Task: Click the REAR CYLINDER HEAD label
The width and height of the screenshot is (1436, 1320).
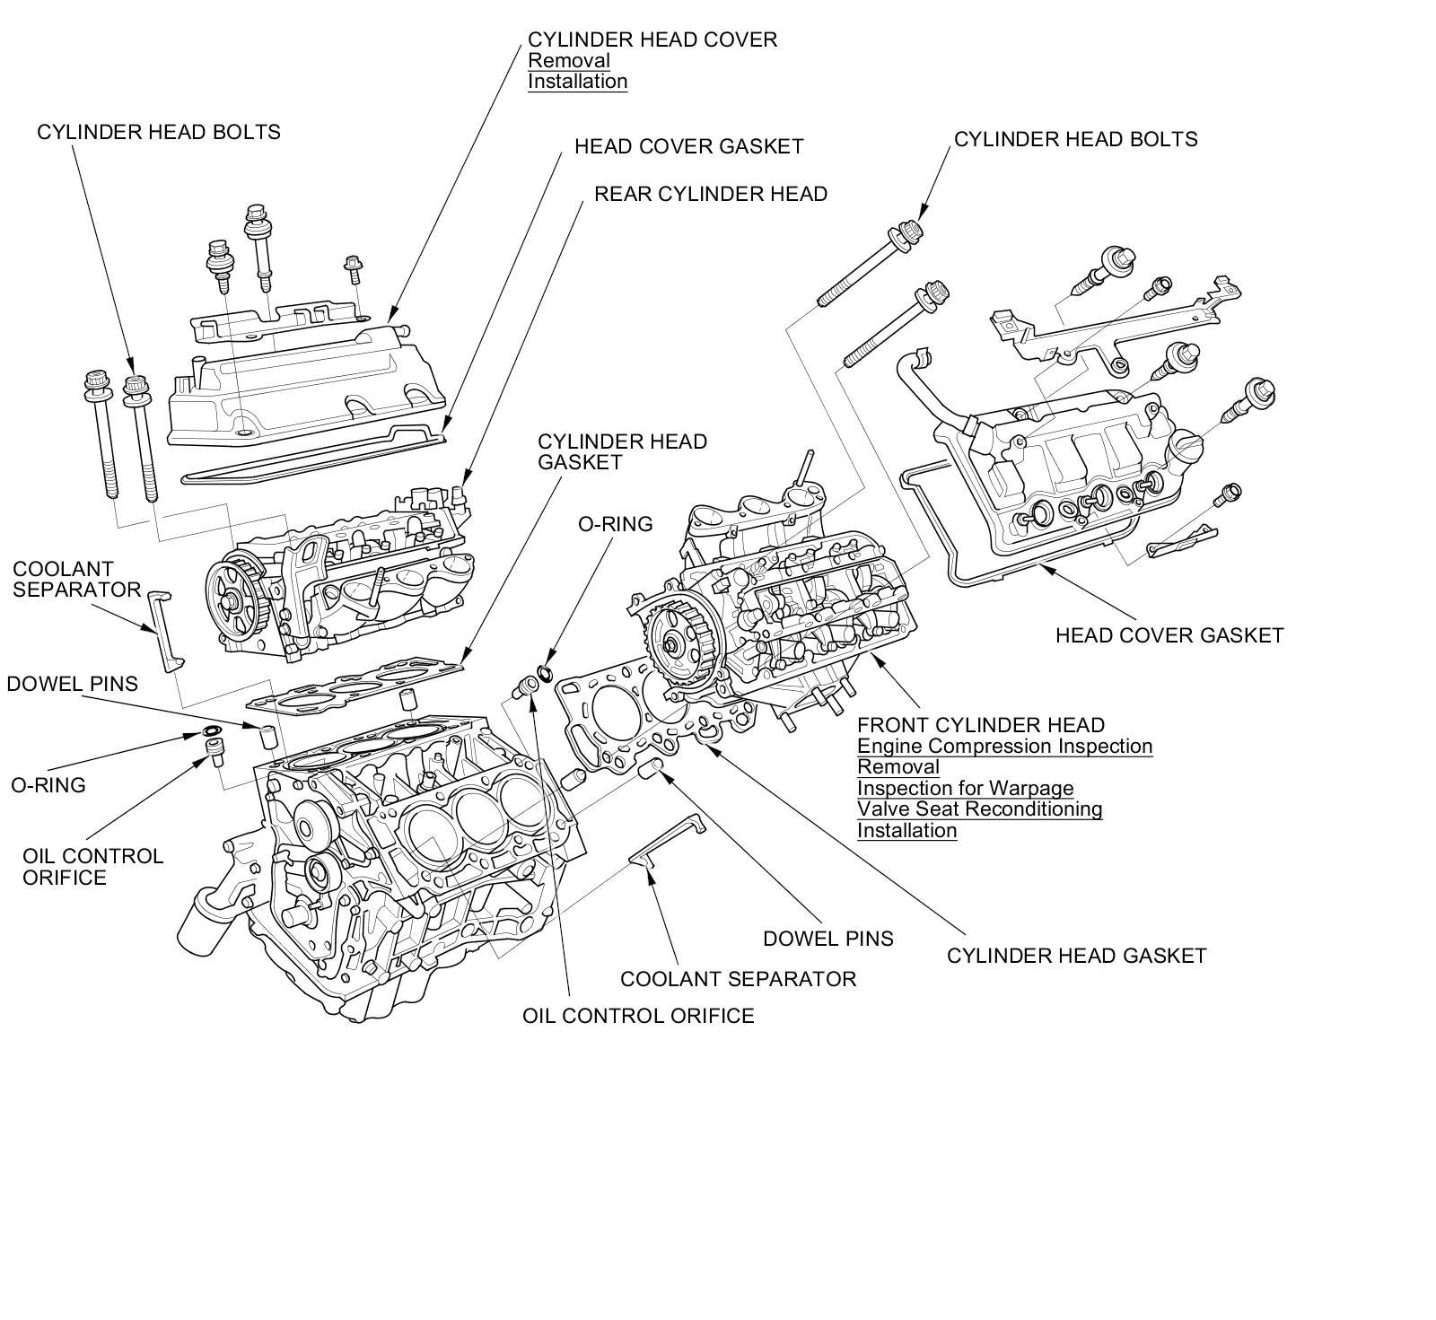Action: [711, 194]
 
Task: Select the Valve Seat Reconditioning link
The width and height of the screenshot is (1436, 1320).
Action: [979, 809]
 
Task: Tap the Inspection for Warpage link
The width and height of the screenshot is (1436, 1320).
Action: [965, 788]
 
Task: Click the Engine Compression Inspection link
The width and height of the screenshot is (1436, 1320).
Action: [1004, 746]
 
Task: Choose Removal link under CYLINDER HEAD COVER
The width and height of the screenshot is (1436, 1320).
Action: [569, 60]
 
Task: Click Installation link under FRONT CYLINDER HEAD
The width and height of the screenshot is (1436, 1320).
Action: [906, 830]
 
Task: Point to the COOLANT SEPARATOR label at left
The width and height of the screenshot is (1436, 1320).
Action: [76, 579]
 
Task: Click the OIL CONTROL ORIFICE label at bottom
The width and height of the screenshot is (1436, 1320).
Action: [638, 1015]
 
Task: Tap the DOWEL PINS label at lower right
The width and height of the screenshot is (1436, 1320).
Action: [827, 939]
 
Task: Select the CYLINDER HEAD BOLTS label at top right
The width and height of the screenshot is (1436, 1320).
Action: [1075, 139]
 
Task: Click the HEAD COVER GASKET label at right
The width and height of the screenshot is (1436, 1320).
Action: [1169, 635]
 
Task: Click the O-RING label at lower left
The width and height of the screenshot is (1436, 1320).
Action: [48, 785]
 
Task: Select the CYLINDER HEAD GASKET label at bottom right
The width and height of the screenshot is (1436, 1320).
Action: [1076, 956]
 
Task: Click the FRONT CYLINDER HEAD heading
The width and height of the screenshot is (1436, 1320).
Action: [981, 725]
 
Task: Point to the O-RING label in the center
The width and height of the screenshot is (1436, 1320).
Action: [615, 524]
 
